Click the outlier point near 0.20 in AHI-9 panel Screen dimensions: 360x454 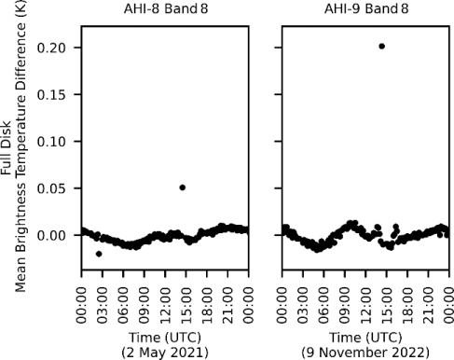[x=381, y=46]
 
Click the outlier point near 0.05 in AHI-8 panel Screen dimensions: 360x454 [x=182, y=187]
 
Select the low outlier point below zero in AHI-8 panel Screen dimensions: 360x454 [x=99, y=254]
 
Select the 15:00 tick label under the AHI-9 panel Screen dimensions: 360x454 [x=386, y=296]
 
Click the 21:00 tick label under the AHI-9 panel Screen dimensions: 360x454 [x=428, y=296]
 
